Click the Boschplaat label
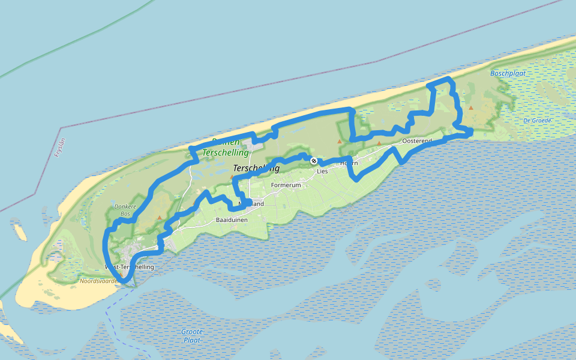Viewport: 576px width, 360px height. click(503, 74)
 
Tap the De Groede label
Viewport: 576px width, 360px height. click(537, 121)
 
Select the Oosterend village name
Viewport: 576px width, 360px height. click(417, 141)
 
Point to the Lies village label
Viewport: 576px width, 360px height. click(322, 171)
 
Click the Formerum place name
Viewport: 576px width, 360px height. click(286, 185)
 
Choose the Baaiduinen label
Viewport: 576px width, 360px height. click(231, 221)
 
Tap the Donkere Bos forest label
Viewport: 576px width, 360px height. click(125, 210)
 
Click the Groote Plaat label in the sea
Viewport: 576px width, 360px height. click(192, 335)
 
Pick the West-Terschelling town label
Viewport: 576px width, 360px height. click(130, 267)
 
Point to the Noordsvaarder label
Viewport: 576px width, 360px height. click(99, 280)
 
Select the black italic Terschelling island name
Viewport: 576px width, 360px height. click(256, 169)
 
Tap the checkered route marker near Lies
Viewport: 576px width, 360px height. click(313, 161)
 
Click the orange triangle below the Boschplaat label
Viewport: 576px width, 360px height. click(471, 108)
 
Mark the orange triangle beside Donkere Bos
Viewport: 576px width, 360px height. click(159, 218)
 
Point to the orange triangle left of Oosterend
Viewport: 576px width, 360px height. click(379, 143)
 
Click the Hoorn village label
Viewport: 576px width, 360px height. click(349, 163)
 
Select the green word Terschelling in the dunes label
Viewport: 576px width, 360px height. click(226, 153)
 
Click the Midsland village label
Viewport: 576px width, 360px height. click(251, 204)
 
